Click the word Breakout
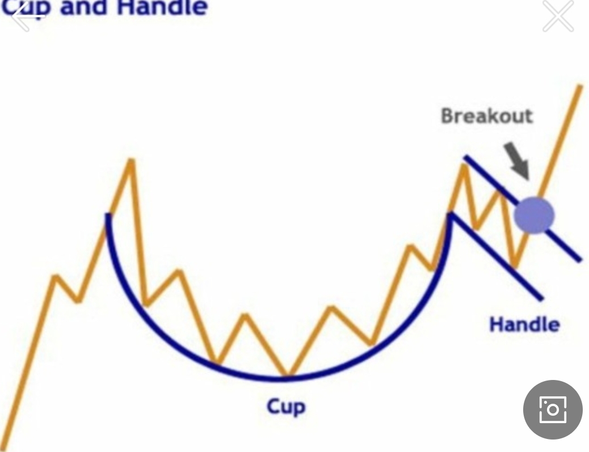click(x=487, y=116)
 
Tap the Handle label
click(x=524, y=324)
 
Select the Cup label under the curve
click(x=286, y=407)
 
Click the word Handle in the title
click(x=162, y=7)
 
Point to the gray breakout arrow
click(x=518, y=160)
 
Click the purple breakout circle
click(x=534, y=216)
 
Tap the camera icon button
click(x=553, y=409)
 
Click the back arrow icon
click(x=26, y=16)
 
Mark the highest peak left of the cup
click(x=132, y=160)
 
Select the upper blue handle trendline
click(x=523, y=208)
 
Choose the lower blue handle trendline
click(x=496, y=256)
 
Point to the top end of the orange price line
click(x=580, y=86)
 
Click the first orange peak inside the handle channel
click(x=465, y=166)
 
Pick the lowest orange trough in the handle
click(x=515, y=266)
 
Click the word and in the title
click(x=83, y=7)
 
